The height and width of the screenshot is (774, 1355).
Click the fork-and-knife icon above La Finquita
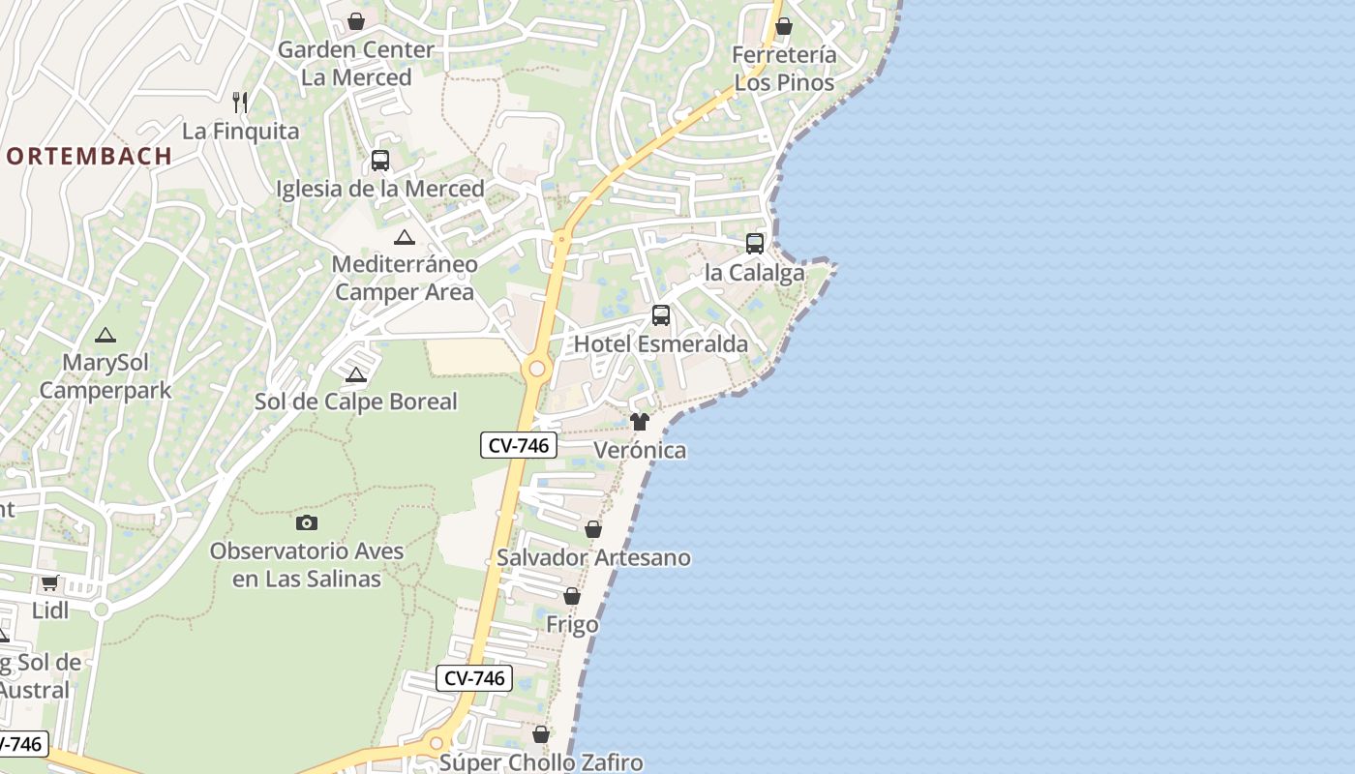coord(240,102)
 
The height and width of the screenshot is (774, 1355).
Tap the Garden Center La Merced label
coord(356,63)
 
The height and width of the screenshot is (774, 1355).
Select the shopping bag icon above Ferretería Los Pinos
coord(784,26)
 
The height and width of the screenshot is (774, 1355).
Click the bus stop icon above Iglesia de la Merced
coord(380,161)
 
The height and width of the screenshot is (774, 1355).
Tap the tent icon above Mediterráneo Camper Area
coord(405,238)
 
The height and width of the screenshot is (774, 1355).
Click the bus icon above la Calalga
coord(755,244)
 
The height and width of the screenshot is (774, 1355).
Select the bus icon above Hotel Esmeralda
coord(661,315)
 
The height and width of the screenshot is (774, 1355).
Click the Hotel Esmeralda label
coord(661,344)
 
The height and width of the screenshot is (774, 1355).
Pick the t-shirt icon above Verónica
coord(640,422)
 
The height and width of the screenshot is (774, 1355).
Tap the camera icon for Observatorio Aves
coord(307,523)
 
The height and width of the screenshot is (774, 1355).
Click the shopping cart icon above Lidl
coord(50,582)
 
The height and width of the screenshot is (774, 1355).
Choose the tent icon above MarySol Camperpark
coord(105,336)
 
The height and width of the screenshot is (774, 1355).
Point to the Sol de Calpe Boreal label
coord(355,402)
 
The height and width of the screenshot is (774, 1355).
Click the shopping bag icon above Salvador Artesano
coord(593,530)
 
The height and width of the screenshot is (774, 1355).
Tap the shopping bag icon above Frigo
coord(572,597)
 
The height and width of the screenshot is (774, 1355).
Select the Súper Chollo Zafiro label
coord(541,762)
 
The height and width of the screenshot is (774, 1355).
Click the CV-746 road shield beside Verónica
coord(519,445)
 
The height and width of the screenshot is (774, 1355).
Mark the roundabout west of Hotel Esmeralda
coord(536,369)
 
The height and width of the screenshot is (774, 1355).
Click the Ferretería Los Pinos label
coord(784,69)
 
